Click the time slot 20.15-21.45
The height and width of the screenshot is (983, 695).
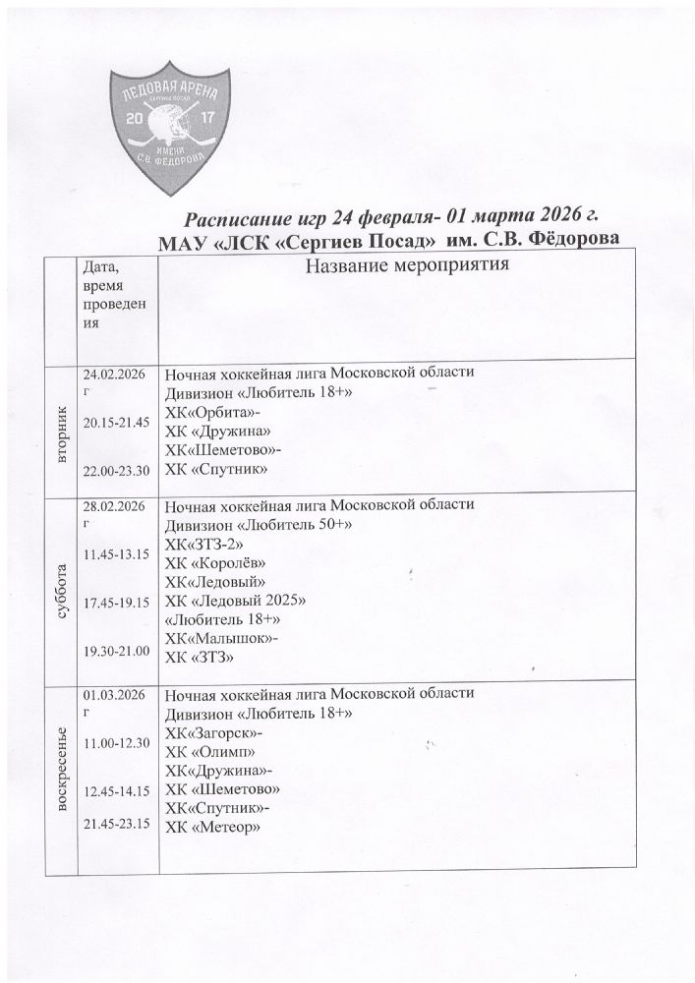tap(115, 422)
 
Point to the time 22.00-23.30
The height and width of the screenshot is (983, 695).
tap(115, 471)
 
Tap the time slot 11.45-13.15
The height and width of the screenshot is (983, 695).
tap(115, 554)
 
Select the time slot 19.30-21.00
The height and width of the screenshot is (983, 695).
tap(115, 651)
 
